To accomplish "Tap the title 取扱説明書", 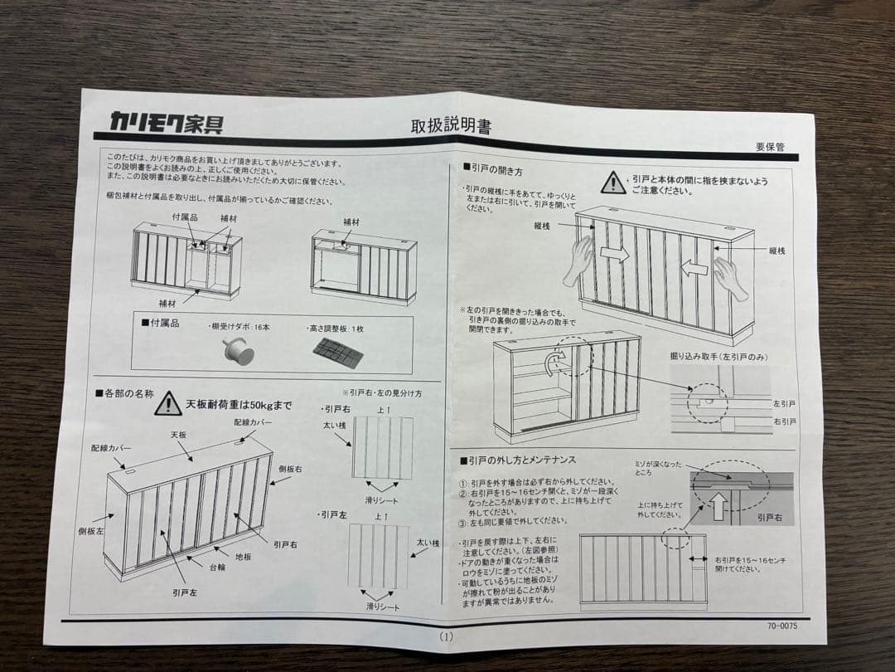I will click(x=451, y=126).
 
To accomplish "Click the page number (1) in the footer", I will click(x=447, y=637).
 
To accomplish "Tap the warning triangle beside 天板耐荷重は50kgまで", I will click(x=168, y=403).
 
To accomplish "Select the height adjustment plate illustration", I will click(x=337, y=353).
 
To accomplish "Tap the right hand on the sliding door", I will click(x=730, y=278).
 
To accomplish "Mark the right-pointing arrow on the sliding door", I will click(x=615, y=254).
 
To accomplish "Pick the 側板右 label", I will click(x=290, y=470).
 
